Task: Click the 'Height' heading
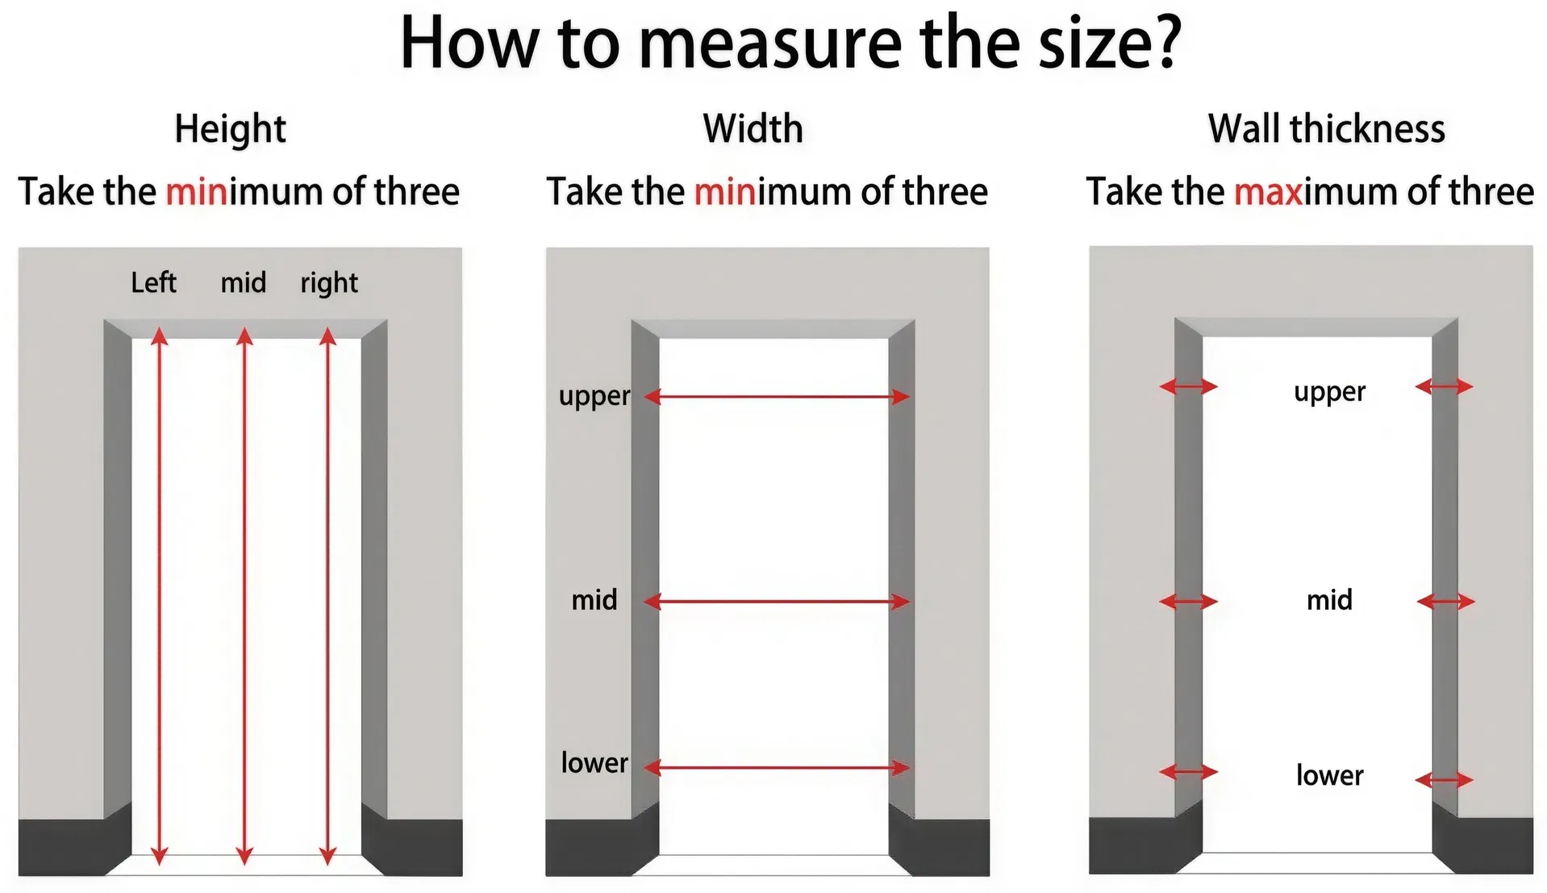230,129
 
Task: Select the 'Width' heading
753,129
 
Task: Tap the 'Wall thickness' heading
1326,129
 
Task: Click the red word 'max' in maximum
1268,192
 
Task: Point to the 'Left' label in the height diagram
153,282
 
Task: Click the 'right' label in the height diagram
329,283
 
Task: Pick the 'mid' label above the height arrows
243,282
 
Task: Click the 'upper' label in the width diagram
594,396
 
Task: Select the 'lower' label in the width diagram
594,762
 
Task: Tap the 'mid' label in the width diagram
594,599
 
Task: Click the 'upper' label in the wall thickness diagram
1329,392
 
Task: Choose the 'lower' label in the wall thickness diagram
1329,775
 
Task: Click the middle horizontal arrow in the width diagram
777,601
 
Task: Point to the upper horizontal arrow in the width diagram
777,396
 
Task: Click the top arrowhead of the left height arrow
160,336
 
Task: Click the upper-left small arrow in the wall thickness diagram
1188,387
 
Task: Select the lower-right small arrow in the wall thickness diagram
1444,779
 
